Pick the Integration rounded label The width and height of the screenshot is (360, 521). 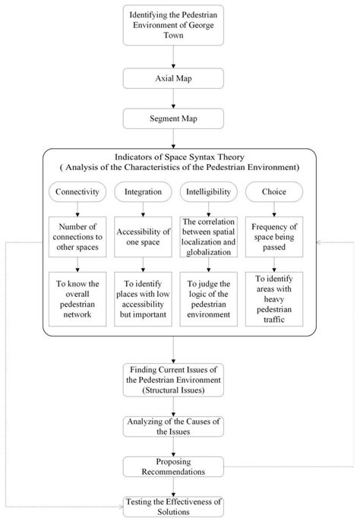143,193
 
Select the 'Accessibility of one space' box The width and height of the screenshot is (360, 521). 143,236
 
